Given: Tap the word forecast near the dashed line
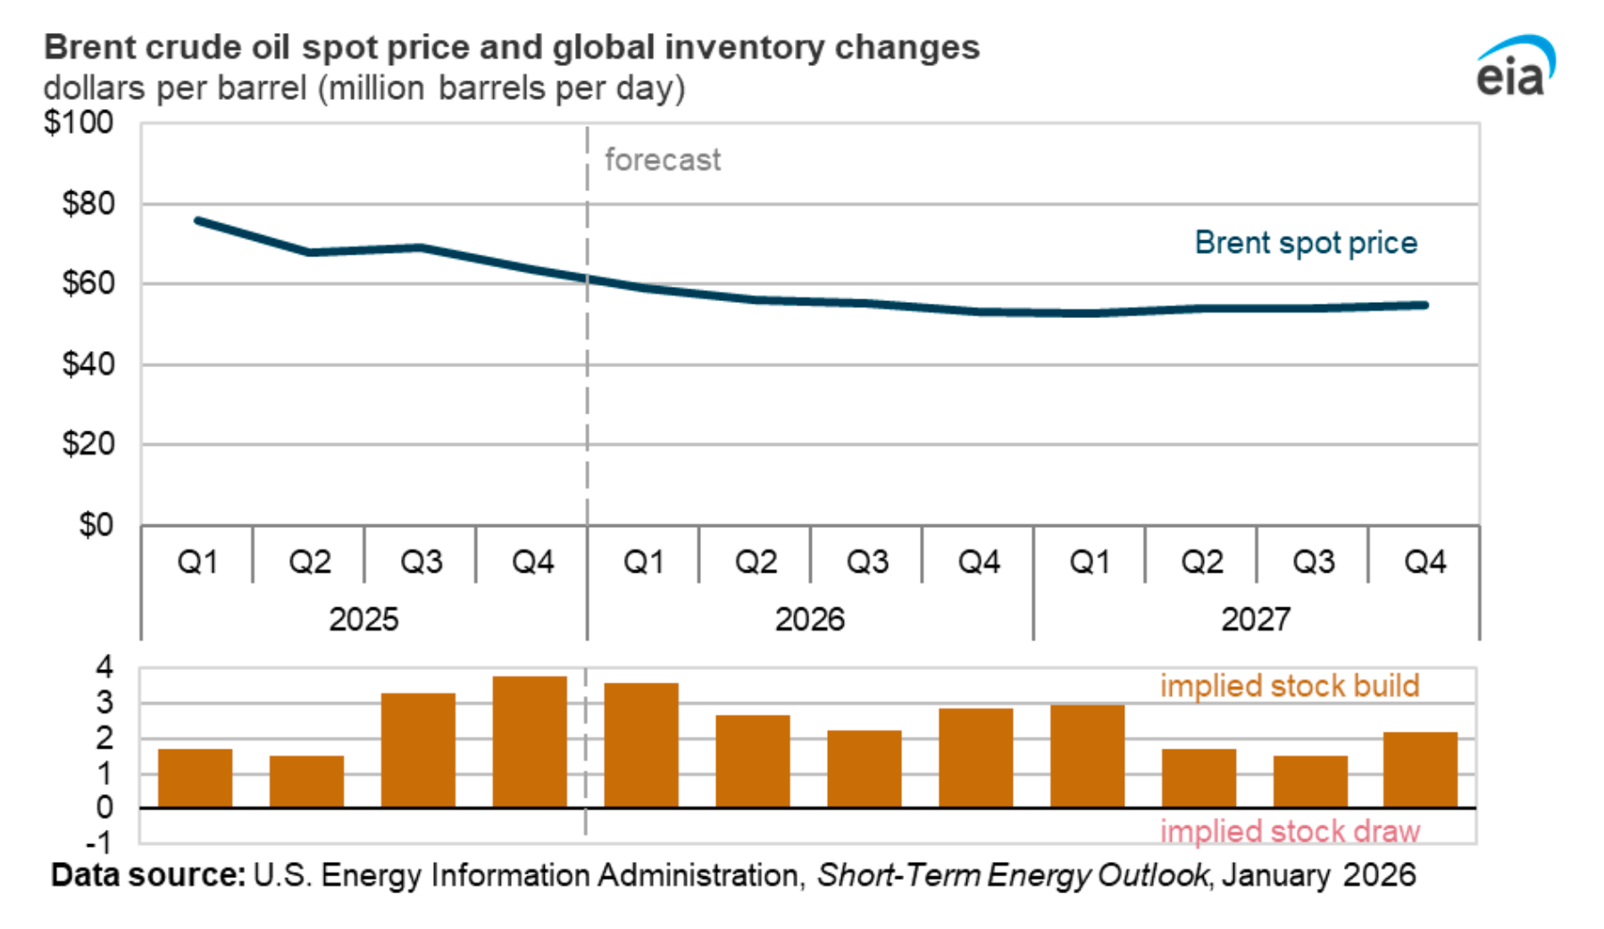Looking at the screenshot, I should tap(662, 160).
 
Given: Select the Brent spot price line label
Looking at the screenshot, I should tap(1305, 243).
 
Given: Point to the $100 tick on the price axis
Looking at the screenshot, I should tap(79, 122).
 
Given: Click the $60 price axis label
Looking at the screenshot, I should tap(88, 284).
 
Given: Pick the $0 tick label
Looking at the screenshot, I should tap(96, 525).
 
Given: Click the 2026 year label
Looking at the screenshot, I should tap(809, 619).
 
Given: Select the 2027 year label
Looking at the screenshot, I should tap(1255, 619).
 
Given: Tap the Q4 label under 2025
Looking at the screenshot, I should tap(532, 562).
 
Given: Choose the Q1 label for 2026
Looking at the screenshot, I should tap(644, 562).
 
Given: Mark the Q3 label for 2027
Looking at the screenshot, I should tap(1313, 562).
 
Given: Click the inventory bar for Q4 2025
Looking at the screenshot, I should tap(530, 741).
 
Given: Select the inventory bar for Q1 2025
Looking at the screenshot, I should tap(195, 778).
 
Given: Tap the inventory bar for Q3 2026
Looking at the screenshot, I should tap(864, 769).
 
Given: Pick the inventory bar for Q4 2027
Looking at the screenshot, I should tap(1420, 770).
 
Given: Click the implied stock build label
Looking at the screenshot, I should tap(1289, 686).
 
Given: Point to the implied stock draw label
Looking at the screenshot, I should tap(1289, 832).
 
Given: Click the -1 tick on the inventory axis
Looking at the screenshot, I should tap(99, 843).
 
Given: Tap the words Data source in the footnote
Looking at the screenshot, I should tap(147, 875).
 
